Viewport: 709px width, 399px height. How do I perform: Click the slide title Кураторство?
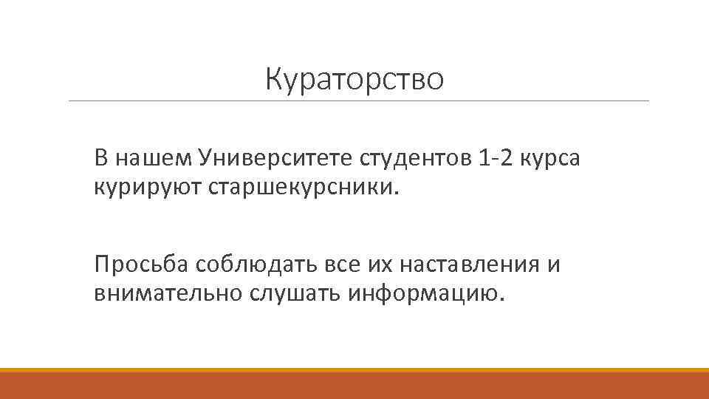coord(355,79)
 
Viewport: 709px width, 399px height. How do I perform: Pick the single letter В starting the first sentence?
coord(101,157)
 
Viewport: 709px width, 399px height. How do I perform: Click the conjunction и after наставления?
coord(554,265)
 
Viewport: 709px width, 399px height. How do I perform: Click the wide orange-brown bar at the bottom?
coord(354,386)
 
